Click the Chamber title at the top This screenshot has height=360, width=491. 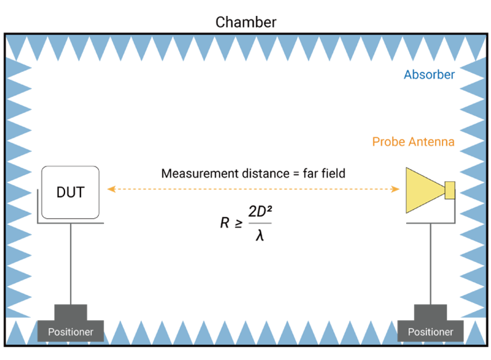[x=246, y=22]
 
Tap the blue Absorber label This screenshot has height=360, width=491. [x=429, y=75]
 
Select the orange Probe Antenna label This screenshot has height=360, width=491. [x=413, y=142]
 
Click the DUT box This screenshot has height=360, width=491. [x=70, y=192]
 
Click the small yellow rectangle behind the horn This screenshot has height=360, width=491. [x=450, y=190]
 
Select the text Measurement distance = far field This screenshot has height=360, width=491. [x=253, y=174]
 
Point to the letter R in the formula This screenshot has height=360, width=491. [x=224, y=222]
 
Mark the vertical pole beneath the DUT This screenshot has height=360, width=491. [x=71, y=264]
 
